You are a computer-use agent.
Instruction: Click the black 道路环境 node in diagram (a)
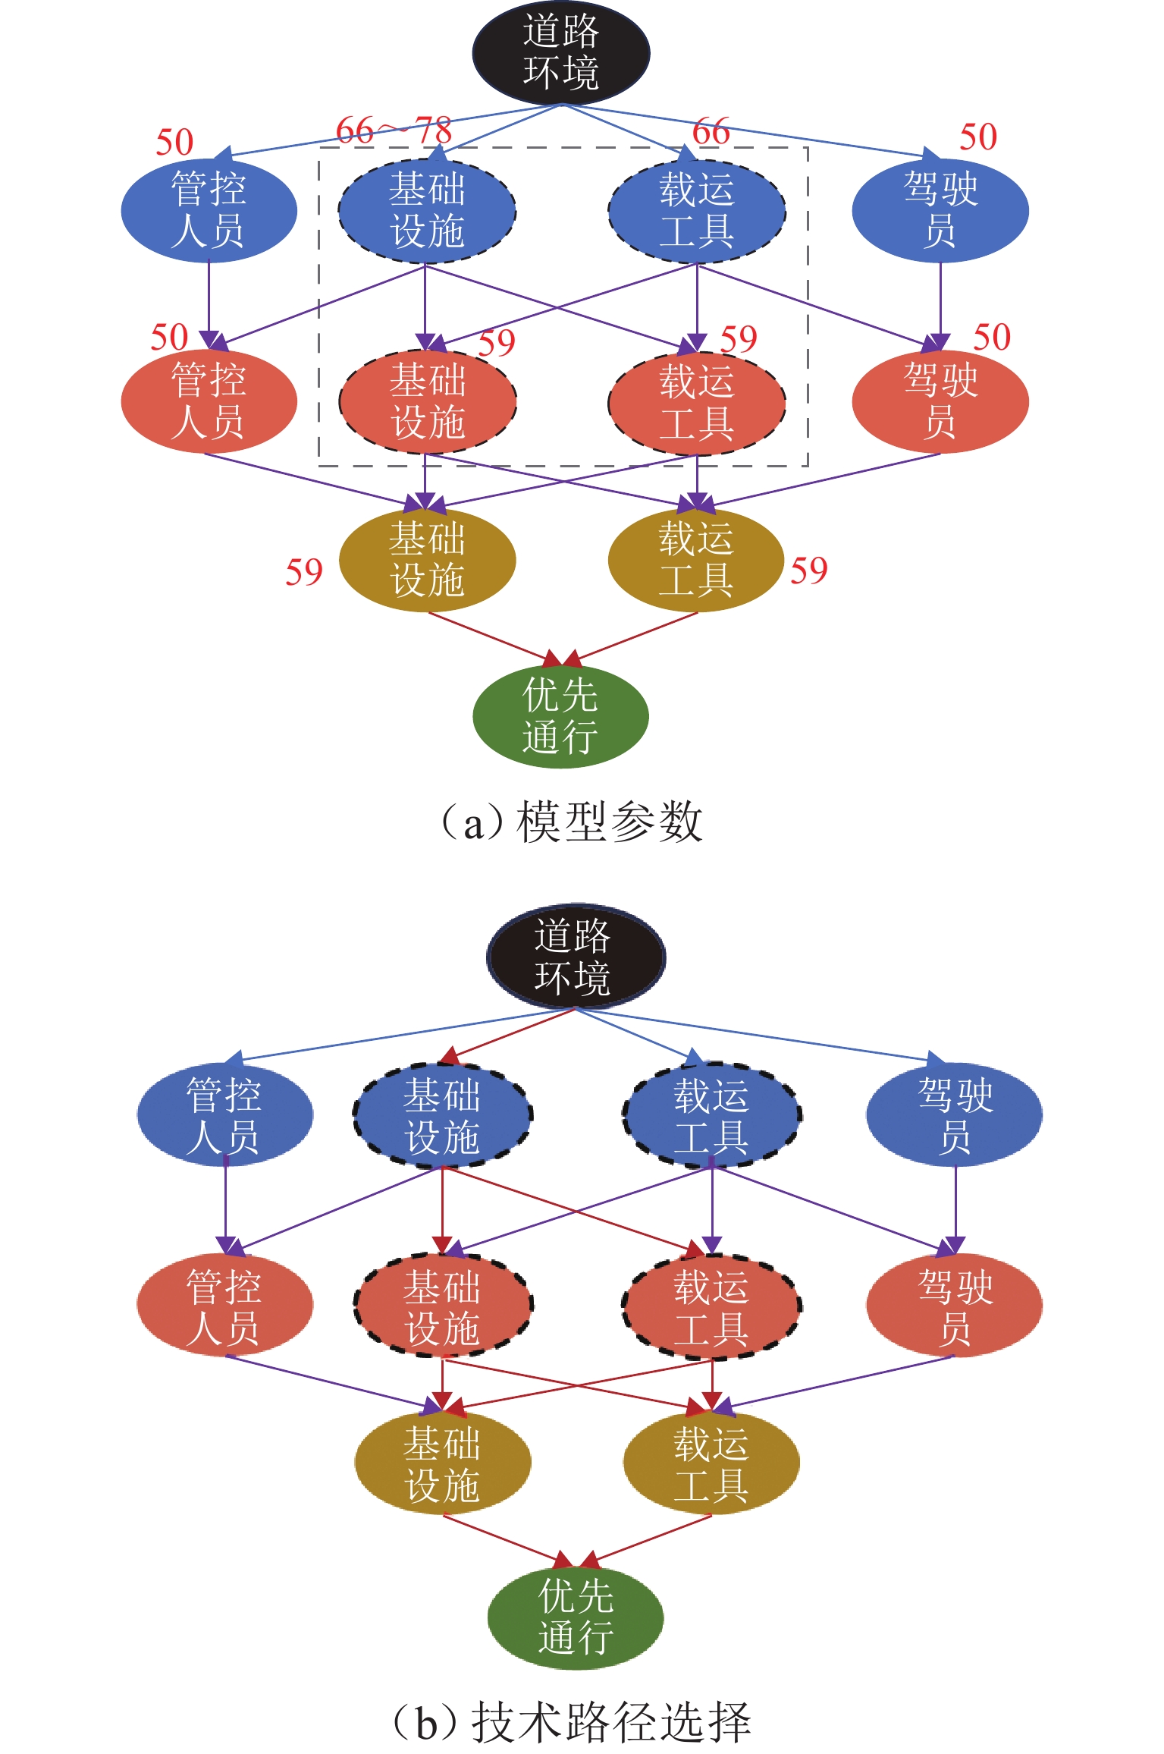[561, 52]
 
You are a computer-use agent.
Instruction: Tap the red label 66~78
[394, 130]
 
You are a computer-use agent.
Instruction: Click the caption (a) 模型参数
[573, 822]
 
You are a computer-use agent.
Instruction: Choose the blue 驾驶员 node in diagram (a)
[940, 210]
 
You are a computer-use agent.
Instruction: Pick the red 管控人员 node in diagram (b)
[225, 1306]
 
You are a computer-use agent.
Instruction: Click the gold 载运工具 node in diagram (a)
[696, 560]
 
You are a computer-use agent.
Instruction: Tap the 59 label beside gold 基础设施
[304, 572]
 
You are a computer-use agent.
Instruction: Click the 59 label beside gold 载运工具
[809, 571]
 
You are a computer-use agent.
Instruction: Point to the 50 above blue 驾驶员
[978, 137]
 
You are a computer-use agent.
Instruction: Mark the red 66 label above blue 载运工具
[711, 132]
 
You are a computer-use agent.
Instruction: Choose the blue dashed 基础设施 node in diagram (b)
[443, 1115]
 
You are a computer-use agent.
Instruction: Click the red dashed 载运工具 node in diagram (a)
[697, 402]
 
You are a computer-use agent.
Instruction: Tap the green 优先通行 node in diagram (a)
[560, 715]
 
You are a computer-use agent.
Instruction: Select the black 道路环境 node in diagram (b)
[576, 957]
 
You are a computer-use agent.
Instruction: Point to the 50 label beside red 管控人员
[169, 337]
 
